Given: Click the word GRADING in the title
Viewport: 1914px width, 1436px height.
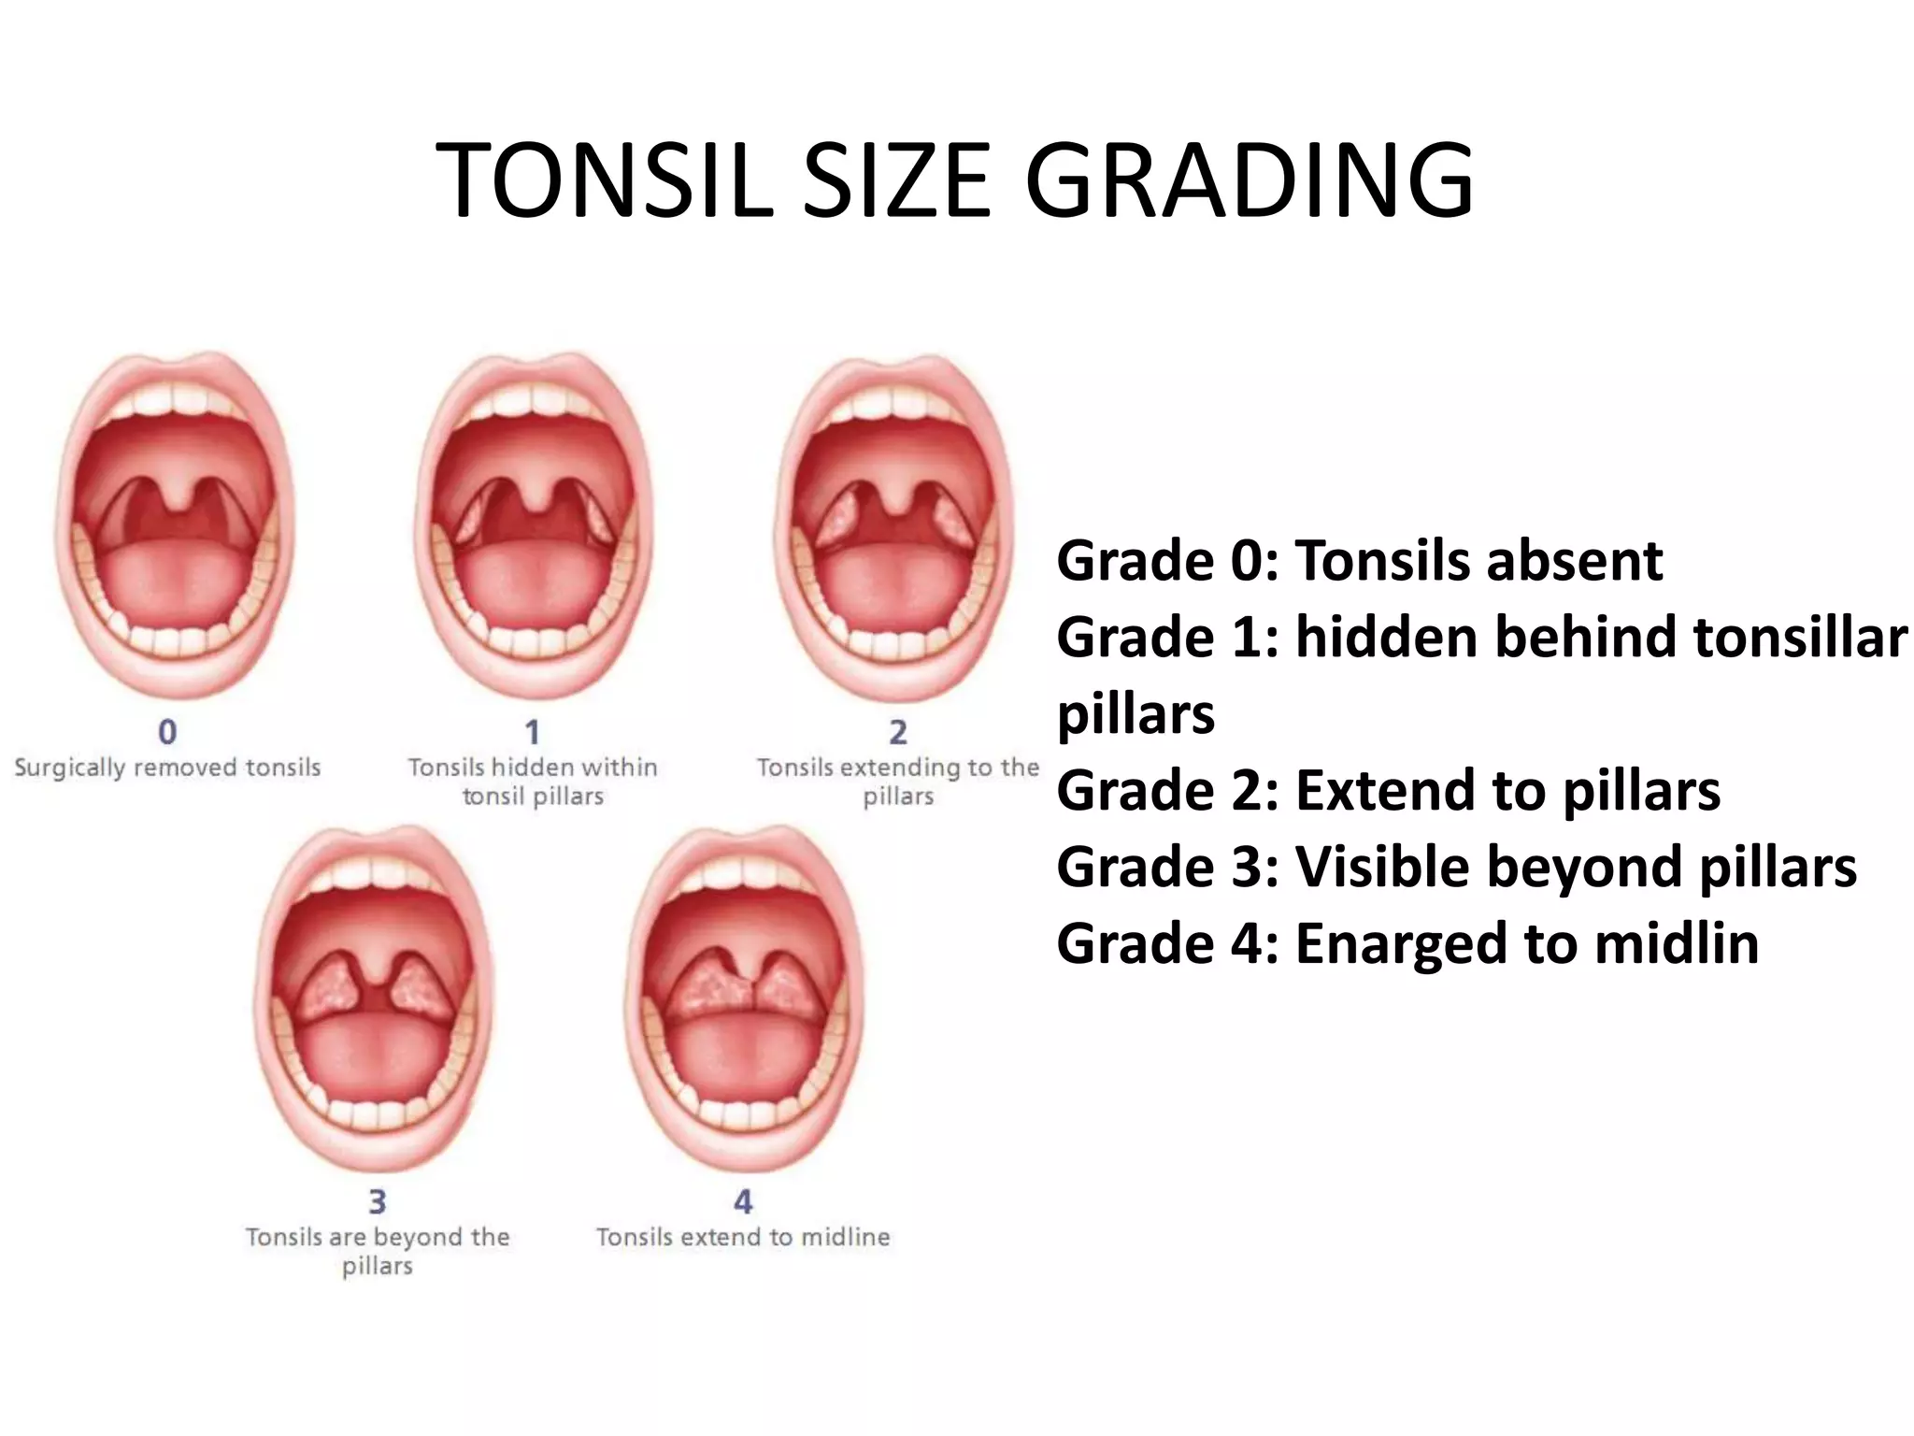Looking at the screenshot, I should coord(1249,180).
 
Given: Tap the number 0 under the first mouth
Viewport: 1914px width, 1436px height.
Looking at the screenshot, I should coord(167,732).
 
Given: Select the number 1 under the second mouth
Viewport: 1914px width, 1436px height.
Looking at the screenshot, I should coord(532,732).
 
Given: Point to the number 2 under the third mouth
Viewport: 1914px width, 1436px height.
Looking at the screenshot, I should coord(897,732).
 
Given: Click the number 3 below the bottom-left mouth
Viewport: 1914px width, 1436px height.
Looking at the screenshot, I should coord(377,1201).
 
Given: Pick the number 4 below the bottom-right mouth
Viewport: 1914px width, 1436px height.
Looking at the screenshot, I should coord(743,1201).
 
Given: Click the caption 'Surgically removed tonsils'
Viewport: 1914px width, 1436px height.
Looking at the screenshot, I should coord(167,768).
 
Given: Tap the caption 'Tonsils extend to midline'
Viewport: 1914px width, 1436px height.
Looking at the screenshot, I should coord(743,1237).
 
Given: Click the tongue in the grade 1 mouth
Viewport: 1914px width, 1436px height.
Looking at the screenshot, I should coord(534,584).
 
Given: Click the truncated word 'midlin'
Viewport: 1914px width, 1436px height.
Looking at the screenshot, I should coord(1677,942).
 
